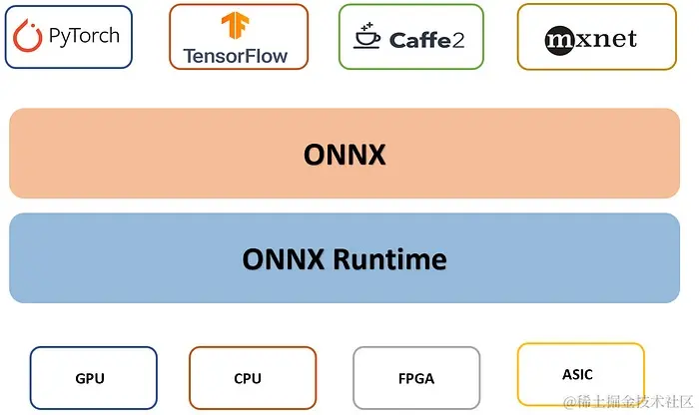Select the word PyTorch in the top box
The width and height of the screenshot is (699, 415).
84,37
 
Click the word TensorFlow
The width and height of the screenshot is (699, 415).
236,56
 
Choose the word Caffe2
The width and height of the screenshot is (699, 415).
426,40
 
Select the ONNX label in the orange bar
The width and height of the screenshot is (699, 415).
344,155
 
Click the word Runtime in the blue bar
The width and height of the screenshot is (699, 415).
390,259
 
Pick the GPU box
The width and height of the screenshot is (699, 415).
93,378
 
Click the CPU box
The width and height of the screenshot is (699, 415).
252,378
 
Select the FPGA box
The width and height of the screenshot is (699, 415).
415,378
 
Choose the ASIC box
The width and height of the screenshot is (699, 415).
580,374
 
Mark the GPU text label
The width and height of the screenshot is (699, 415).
90,379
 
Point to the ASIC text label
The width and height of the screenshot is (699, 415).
577,374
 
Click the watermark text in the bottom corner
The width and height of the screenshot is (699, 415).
628,401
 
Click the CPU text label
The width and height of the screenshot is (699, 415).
248,379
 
